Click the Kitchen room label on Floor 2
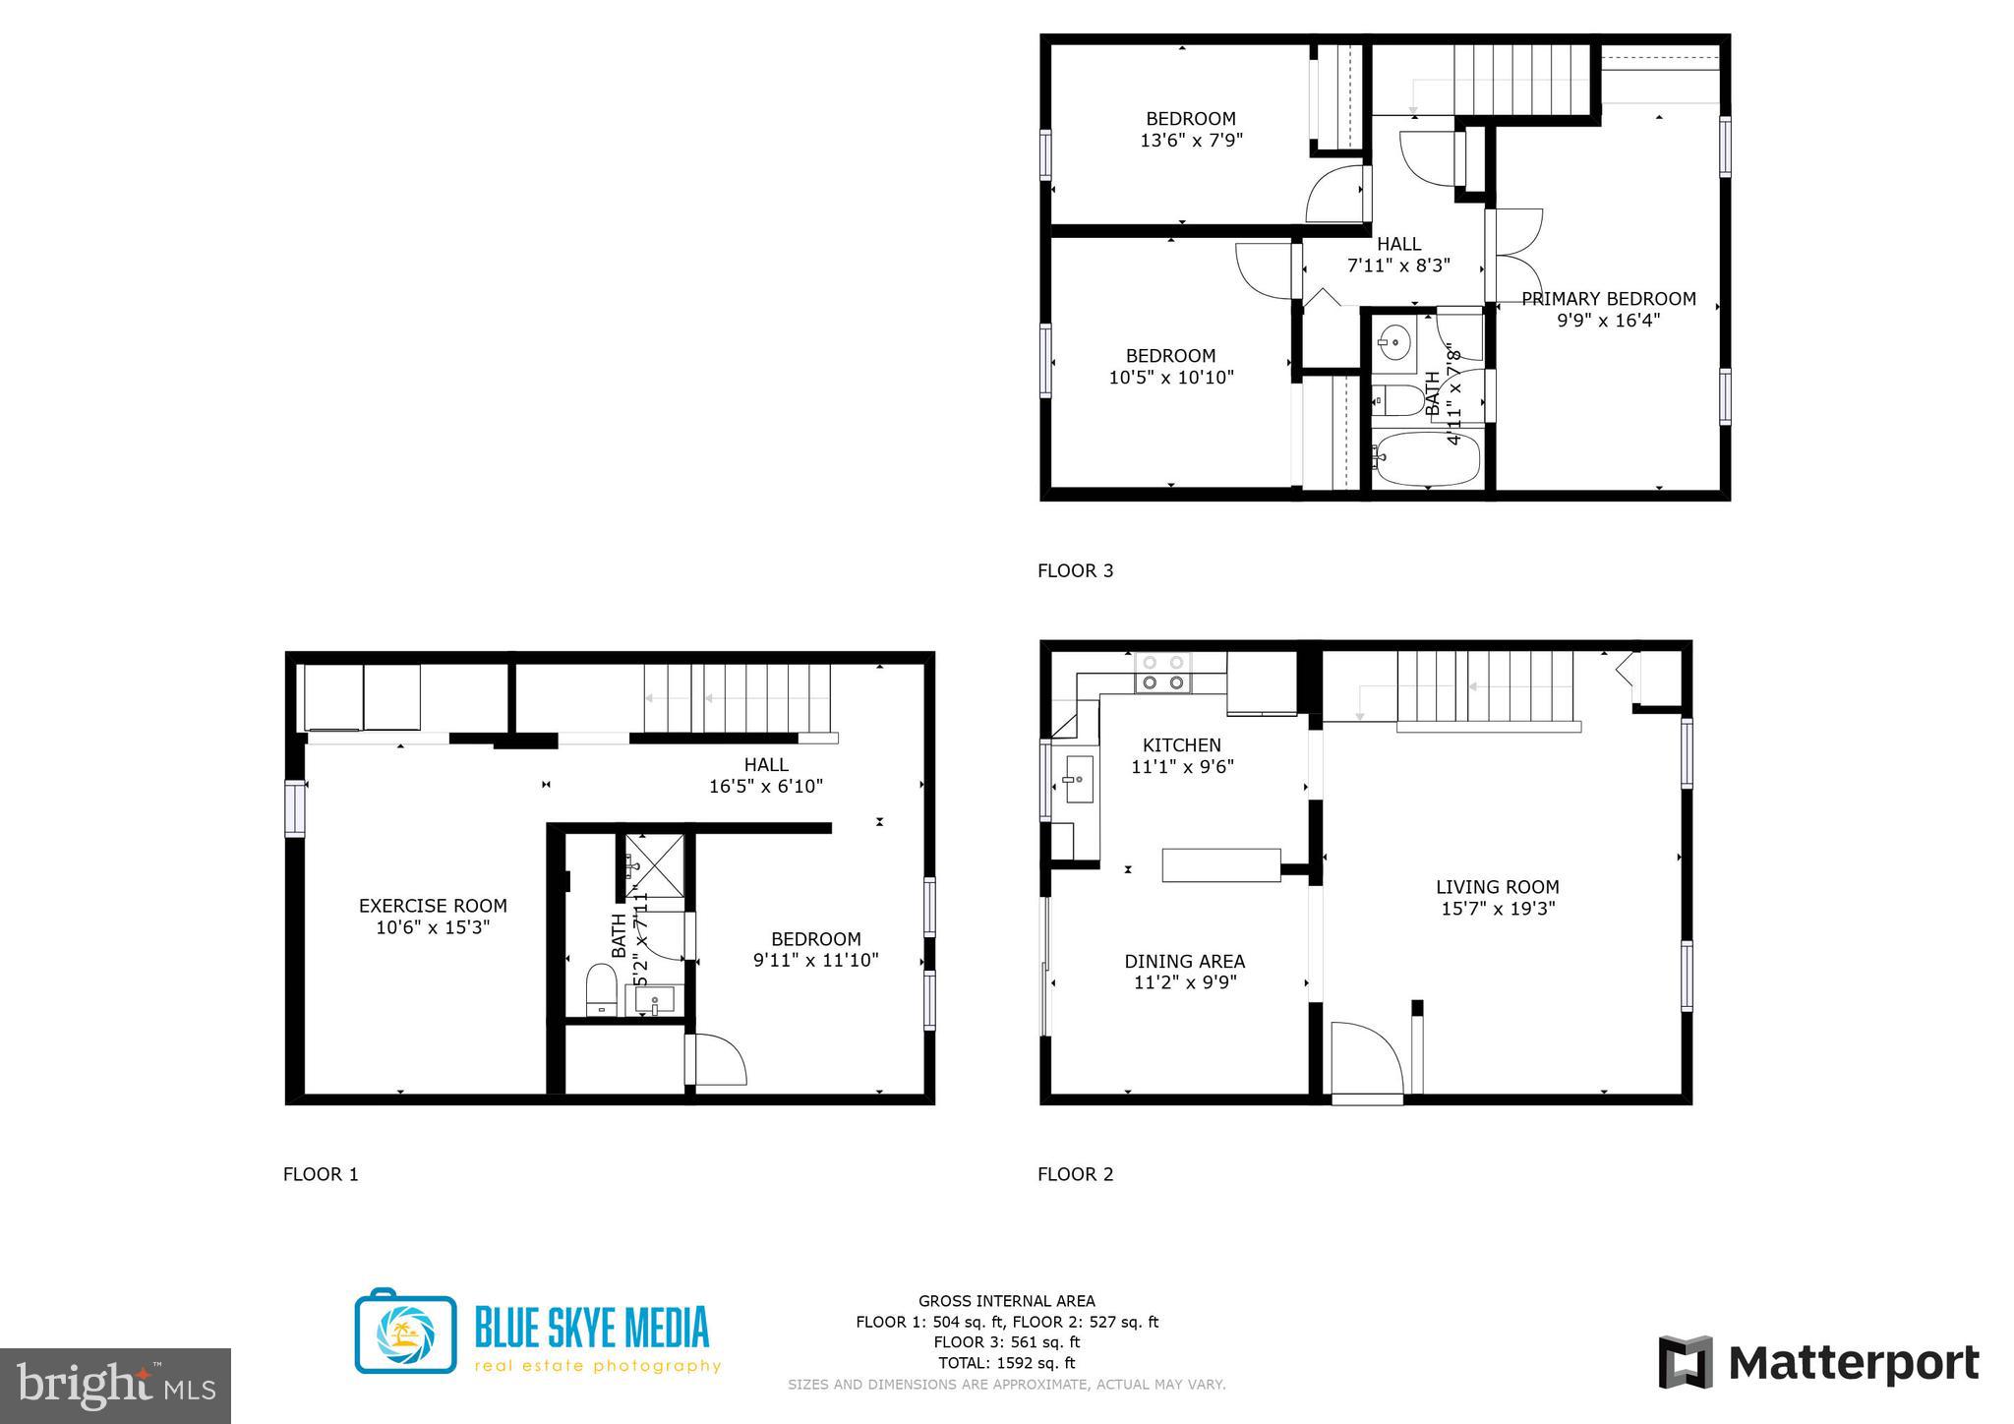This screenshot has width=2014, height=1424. pos(1181,745)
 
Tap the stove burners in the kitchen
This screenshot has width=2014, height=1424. pos(1162,673)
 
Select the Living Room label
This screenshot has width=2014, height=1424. pos(1497,887)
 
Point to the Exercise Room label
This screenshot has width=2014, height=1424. pos(433,906)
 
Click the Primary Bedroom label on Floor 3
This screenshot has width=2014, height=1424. pos(1608,299)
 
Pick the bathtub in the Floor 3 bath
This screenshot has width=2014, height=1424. pos(1427,461)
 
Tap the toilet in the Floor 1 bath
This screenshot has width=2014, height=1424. pos(601,989)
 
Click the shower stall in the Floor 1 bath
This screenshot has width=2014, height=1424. pos(654,865)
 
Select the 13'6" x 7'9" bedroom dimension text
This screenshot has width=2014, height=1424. pos(1191,141)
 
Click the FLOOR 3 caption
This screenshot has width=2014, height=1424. pos(1075,570)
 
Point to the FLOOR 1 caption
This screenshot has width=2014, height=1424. pos(321,1174)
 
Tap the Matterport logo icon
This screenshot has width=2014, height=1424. pos(1686,1362)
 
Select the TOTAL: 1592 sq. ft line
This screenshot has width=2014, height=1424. pos(1006,1363)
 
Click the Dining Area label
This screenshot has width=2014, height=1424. pos(1184,961)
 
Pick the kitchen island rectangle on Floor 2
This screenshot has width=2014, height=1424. pos(1220,864)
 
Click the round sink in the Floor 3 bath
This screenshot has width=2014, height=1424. pos(1392,343)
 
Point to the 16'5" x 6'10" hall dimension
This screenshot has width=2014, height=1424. pos(765,787)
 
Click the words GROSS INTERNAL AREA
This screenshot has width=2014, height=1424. pos(1006,1301)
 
